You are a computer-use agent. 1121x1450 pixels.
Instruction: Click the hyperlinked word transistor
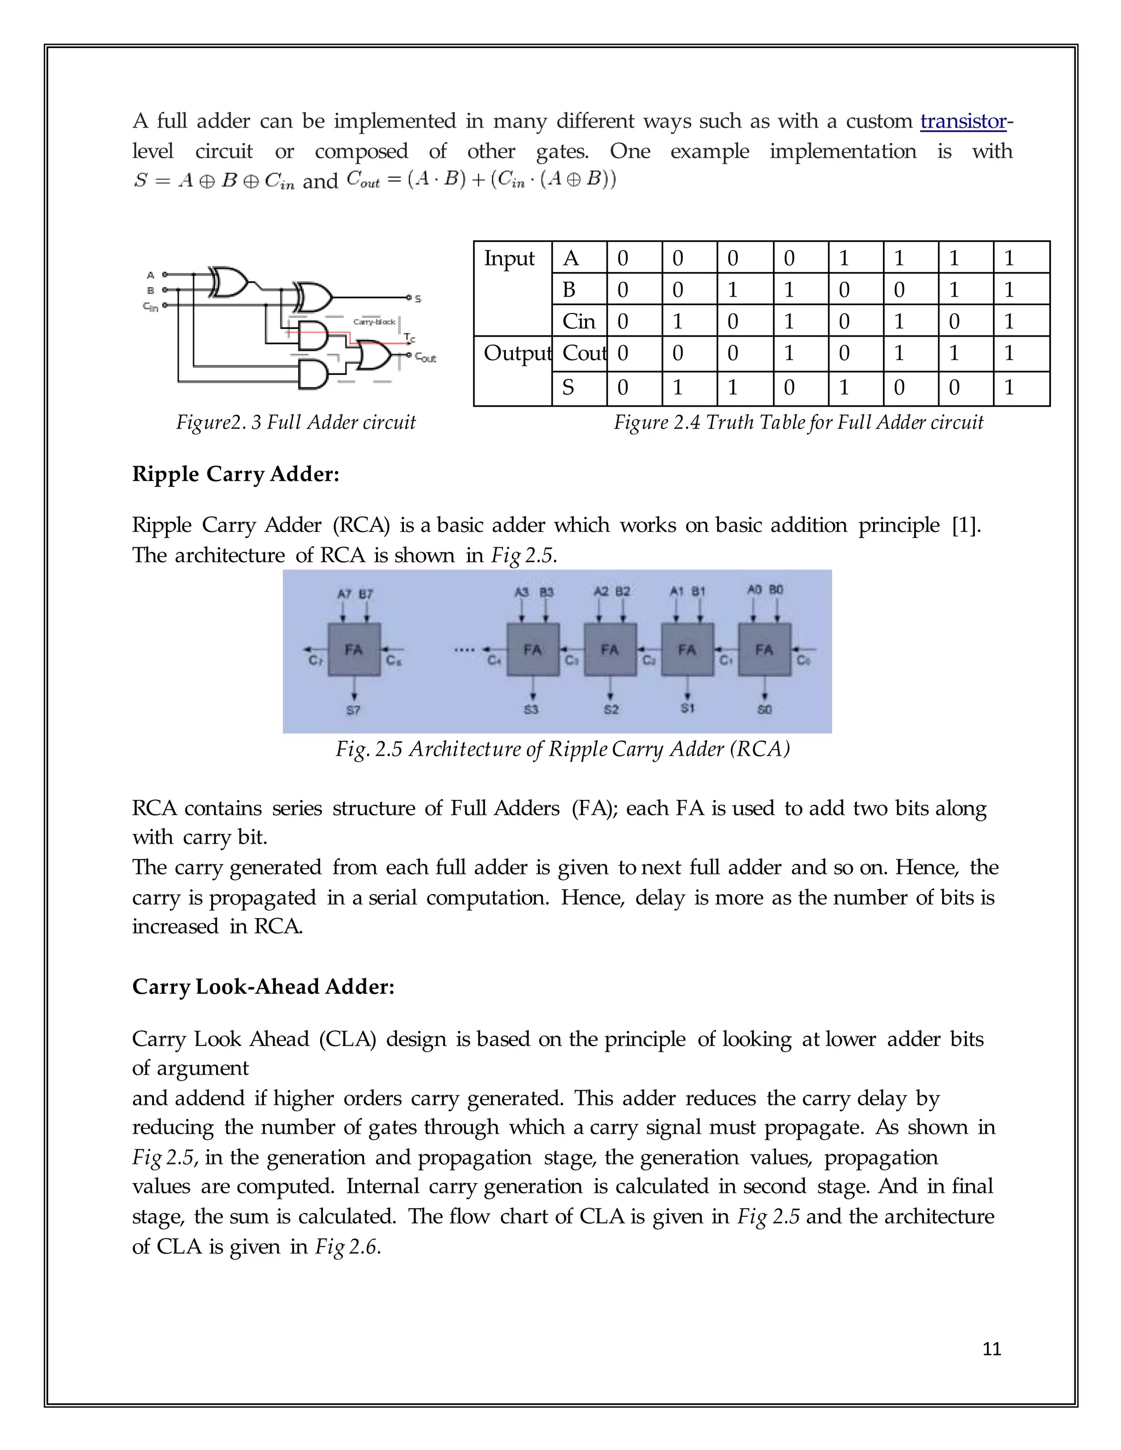point(963,121)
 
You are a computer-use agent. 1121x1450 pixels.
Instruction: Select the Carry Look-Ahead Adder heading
point(263,987)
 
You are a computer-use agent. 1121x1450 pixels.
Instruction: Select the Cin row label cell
point(579,321)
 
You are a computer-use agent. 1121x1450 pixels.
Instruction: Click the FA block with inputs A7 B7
point(354,649)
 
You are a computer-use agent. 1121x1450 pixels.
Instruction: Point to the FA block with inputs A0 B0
point(764,649)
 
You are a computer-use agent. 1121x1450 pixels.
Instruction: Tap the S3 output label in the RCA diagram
point(531,710)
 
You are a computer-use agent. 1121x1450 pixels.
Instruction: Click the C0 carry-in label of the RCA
point(804,660)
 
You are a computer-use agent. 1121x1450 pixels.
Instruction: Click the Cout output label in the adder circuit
point(426,358)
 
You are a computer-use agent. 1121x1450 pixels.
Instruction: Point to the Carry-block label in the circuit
point(374,322)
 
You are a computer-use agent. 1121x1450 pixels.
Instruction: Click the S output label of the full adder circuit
point(418,299)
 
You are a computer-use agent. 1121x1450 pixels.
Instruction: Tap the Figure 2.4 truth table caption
point(798,422)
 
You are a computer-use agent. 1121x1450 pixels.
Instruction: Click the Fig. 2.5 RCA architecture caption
point(563,749)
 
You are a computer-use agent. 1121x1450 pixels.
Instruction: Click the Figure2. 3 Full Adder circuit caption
point(296,422)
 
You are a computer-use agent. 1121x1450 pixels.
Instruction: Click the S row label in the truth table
point(569,388)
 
